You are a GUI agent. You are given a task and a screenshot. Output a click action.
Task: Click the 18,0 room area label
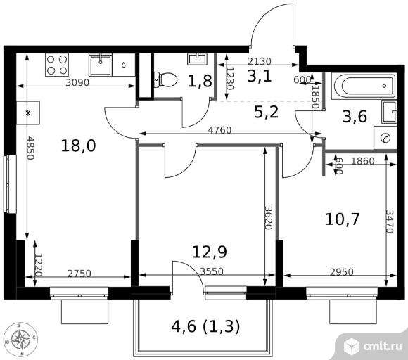click(78, 146)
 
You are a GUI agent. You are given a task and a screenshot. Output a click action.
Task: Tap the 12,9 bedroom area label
click(210, 252)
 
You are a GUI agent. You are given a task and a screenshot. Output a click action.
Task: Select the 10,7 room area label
click(343, 219)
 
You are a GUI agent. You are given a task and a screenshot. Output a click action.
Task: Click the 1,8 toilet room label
click(200, 81)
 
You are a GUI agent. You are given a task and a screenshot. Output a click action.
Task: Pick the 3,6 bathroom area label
click(355, 116)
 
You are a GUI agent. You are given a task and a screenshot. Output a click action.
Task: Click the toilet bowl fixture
click(165, 79)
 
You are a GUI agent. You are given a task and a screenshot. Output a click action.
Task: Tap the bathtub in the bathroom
click(364, 86)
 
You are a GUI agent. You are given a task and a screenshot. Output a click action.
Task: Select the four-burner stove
click(57, 65)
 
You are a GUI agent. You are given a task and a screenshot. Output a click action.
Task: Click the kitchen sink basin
click(101, 65)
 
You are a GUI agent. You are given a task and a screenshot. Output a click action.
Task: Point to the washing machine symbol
click(385, 138)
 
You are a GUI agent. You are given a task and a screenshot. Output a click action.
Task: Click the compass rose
click(21, 339)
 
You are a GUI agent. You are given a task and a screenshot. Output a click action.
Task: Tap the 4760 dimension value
click(220, 130)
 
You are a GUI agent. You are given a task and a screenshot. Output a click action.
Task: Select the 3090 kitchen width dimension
click(77, 82)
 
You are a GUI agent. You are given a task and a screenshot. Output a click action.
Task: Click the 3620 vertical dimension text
click(269, 218)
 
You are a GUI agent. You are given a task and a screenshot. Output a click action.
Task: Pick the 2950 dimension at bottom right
click(342, 272)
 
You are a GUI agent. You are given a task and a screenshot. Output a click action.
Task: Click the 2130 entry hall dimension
click(259, 61)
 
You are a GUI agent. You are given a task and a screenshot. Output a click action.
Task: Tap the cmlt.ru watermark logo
click(372, 346)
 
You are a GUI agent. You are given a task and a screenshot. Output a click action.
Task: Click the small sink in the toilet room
click(197, 59)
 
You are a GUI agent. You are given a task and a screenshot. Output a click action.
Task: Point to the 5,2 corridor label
click(266, 112)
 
